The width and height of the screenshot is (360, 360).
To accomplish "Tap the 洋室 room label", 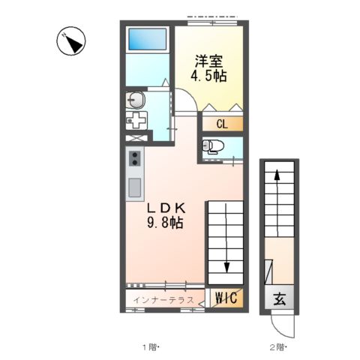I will (x=211, y=60).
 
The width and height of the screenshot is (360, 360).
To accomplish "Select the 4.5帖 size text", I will (x=211, y=76).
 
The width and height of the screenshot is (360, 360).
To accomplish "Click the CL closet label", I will (x=223, y=124).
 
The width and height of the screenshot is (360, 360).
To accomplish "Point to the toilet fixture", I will (x=213, y=146).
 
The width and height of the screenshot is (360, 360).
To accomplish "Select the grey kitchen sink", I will (x=135, y=187).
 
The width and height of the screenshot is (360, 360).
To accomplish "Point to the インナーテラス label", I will (x=163, y=300).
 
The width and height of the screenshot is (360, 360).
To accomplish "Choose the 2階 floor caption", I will (x=278, y=347).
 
